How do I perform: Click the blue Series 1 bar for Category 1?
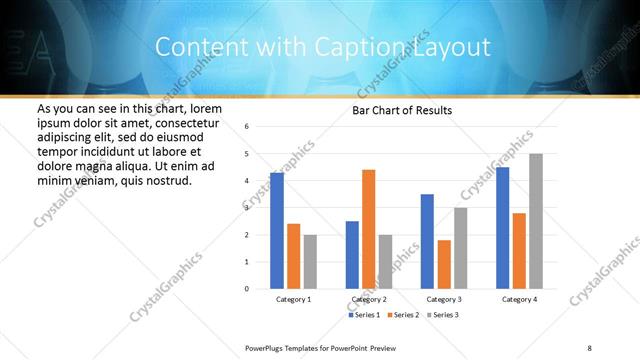277,231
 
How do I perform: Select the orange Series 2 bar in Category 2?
368,229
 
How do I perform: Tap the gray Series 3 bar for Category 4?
536,221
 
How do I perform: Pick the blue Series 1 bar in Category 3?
427,241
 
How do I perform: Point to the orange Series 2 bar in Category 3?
444,264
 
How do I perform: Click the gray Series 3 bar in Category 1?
310,262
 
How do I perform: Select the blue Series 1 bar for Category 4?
503,228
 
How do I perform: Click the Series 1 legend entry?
364,315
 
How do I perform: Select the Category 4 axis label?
519,300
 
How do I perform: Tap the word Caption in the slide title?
375,47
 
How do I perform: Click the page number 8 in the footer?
588,347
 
